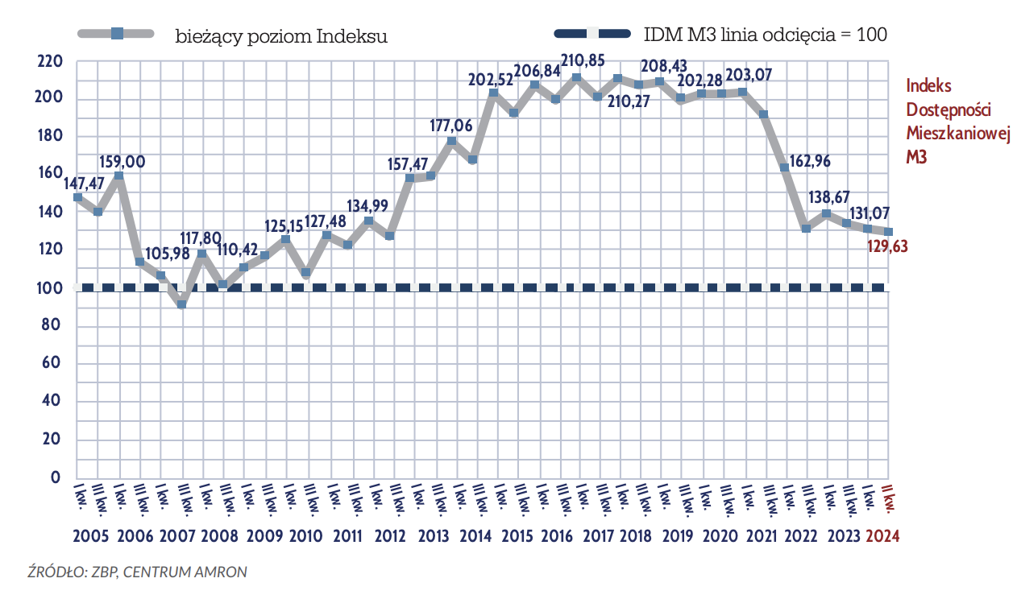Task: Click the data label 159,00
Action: point(122,162)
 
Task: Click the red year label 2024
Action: point(882,536)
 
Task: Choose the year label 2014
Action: point(475,536)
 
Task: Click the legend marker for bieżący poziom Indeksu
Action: point(116,34)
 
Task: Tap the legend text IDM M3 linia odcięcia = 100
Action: point(765,35)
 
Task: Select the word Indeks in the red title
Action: point(928,85)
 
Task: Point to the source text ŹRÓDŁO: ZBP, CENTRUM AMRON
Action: point(138,572)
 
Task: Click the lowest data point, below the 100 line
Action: point(182,304)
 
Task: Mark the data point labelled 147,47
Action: point(77,196)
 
